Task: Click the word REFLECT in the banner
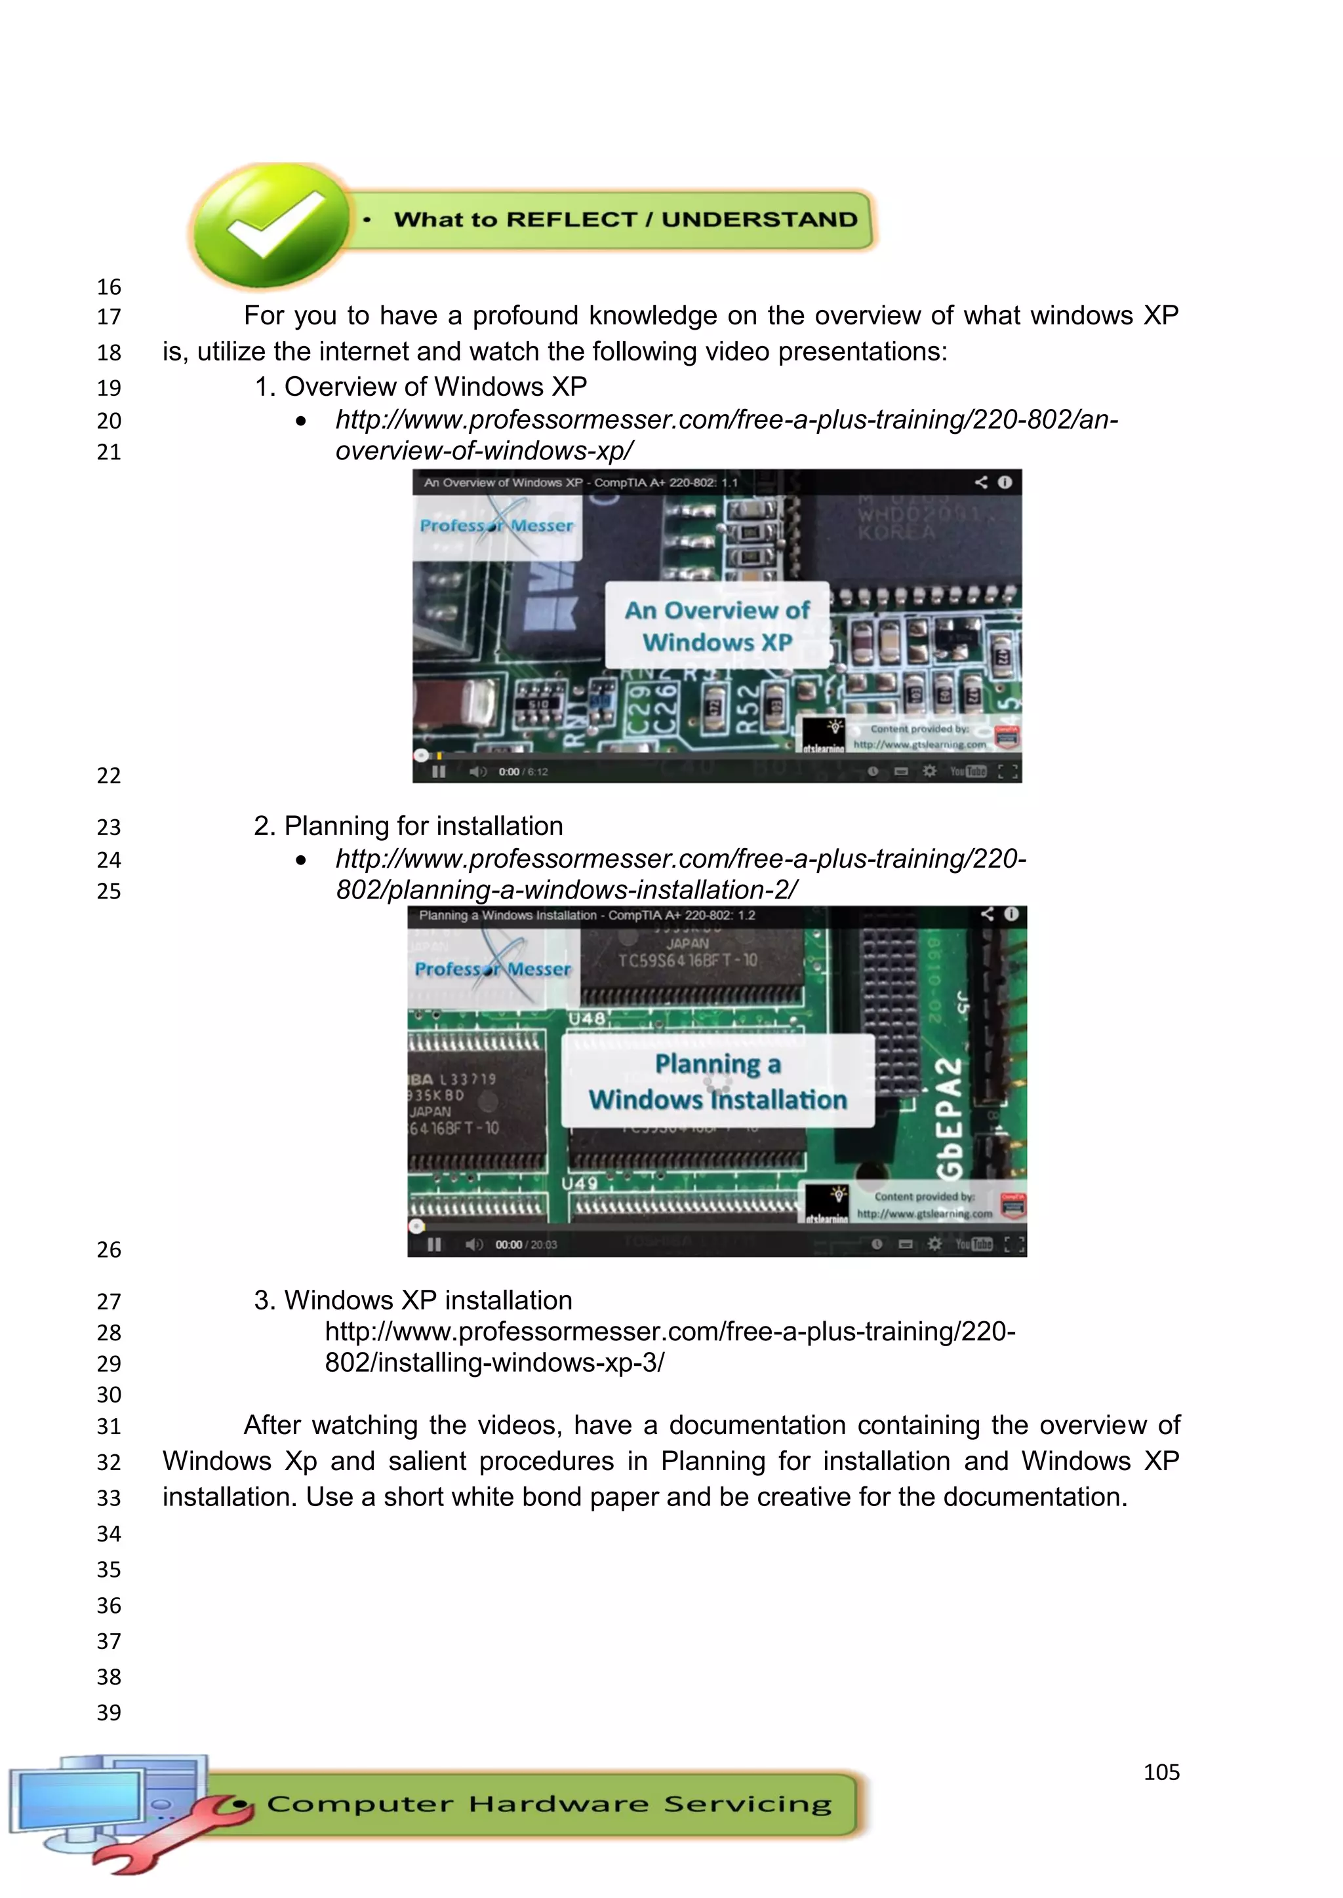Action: (571, 220)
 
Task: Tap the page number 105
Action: (1161, 1772)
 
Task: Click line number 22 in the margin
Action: (108, 775)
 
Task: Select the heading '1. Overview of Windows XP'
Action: (420, 387)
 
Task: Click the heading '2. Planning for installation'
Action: (408, 826)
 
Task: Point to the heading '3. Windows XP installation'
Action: (412, 1300)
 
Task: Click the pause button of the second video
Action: (434, 1244)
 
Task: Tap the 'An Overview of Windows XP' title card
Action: (717, 626)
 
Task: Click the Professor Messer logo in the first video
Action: (496, 525)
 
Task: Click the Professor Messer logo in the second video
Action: (493, 968)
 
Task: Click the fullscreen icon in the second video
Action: (1014, 1244)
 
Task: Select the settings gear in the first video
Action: (929, 771)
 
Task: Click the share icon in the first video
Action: (981, 482)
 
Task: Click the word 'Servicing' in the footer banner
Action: (748, 1804)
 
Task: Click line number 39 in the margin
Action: (108, 1712)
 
